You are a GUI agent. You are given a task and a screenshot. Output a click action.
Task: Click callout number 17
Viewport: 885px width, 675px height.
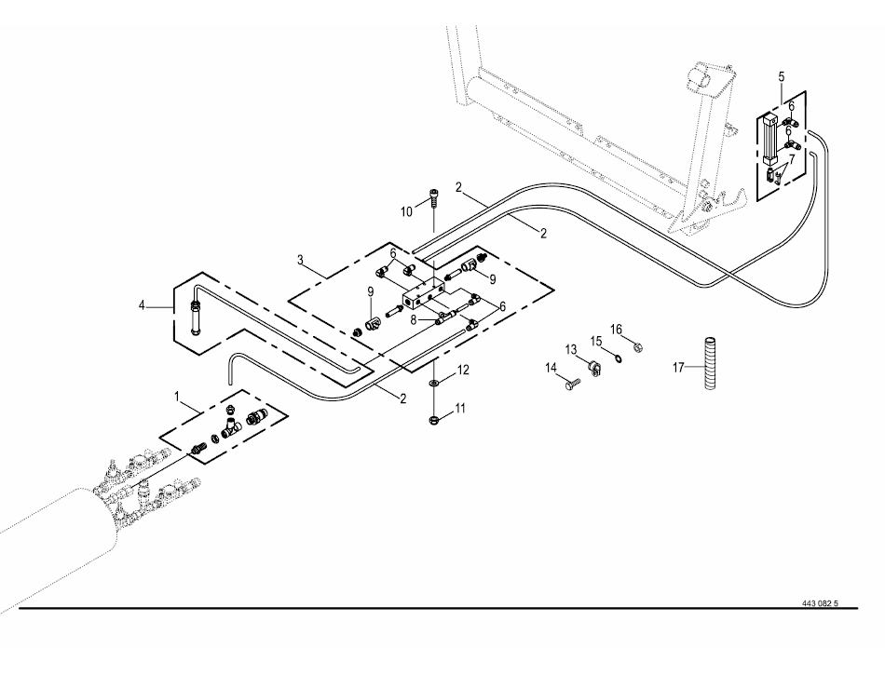tap(678, 368)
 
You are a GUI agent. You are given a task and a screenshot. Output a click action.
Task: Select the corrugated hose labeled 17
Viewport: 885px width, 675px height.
tap(710, 363)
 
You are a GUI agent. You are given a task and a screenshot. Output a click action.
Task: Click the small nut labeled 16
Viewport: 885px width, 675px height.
tap(638, 347)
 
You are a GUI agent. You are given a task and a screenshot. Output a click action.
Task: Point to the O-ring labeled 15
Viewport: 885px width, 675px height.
tap(619, 358)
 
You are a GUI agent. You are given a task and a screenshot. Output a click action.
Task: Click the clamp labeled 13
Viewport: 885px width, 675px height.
tap(594, 368)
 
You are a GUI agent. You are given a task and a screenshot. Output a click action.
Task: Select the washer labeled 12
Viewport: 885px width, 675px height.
tap(433, 383)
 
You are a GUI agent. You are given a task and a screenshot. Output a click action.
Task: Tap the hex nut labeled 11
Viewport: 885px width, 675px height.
tap(433, 419)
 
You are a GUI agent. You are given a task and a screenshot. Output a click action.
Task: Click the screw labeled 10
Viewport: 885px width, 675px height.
tap(433, 198)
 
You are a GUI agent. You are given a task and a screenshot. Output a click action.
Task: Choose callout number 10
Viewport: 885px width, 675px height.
tap(407, 212)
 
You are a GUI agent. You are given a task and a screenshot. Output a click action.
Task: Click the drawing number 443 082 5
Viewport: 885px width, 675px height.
tap(820, 603)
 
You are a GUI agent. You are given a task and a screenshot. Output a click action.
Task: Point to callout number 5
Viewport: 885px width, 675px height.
tap(782, 76)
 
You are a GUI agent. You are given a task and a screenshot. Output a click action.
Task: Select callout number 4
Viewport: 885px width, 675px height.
tap(142, 305)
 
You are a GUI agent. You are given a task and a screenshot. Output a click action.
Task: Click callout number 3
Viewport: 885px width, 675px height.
tap(300, 260)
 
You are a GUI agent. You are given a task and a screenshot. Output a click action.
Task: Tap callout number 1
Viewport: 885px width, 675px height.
tap(177, 397)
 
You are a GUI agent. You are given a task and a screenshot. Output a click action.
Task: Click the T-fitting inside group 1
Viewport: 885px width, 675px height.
tap(230, 427)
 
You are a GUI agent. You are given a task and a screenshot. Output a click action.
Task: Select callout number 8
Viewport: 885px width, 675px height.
tap(413, 320)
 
